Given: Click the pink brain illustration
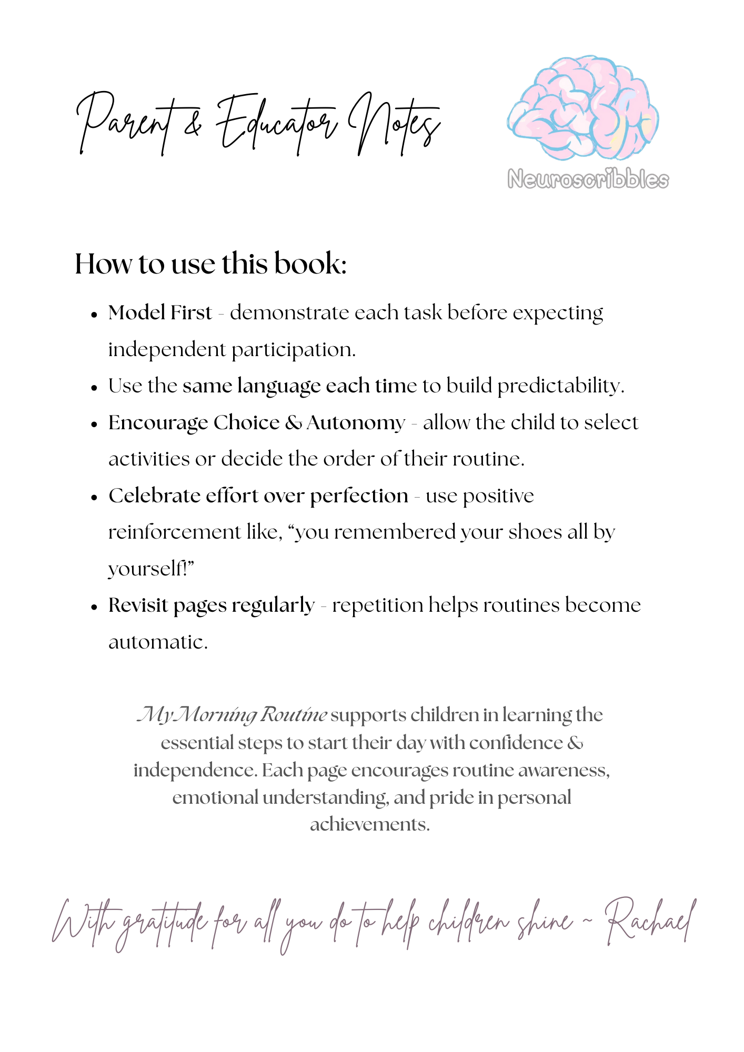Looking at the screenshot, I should tap(582, 108).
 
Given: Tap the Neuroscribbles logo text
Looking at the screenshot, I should tap(588, 180).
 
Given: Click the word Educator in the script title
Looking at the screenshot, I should tap(276, 124).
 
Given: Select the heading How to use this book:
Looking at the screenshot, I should tap(210, 264).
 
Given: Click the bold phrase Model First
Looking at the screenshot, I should tap(160, 313).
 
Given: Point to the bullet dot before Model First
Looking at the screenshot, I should tap(95, 315).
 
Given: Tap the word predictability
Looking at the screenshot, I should tap(560, 387).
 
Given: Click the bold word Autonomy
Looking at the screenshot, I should tap(356, 423).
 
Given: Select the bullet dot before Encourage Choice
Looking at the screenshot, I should tap(95, 424).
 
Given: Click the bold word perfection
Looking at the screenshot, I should tap(359, 496).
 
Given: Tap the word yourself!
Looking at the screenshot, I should tap(152, 569).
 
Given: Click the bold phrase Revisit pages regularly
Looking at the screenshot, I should tap(212, 606).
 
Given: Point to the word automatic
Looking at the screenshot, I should tap(158, 642).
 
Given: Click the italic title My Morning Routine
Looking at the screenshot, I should tap(232, 715).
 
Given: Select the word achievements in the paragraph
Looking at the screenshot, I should tap(369, 824).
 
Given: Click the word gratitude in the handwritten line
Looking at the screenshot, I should tap(164, 925).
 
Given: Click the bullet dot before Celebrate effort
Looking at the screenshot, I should tap(95, 497).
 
